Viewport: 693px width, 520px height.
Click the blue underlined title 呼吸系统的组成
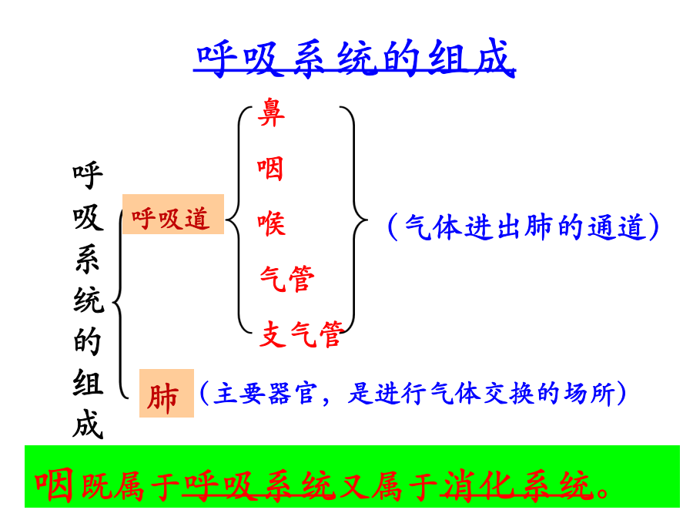tap(354, 58)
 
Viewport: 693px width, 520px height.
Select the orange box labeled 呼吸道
tap(173, 214)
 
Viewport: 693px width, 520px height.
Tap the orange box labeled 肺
tap(166, 393)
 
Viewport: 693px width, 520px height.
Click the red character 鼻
tap(271, 112)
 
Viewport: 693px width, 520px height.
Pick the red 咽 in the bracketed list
tap(270, 169)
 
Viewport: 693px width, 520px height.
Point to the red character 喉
tap(271, 223)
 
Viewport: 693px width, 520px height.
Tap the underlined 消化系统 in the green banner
tap(517, 486)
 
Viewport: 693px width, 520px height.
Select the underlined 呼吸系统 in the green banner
tap(259, 486)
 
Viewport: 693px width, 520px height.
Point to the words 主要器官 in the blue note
tap(265, 393)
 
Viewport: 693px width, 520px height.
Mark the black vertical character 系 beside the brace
tap(88, 259)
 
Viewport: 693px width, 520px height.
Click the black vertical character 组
tap(88, 382)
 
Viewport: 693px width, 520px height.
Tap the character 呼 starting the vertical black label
tap(88, 176)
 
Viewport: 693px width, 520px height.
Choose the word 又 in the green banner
tap(352, 486)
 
